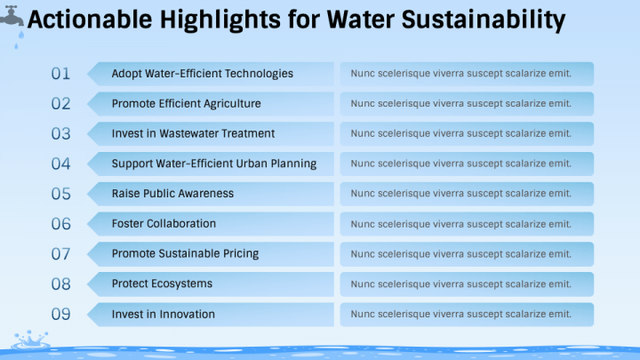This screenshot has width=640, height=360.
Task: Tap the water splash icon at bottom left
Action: (29, 340)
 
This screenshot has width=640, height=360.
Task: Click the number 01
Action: (60, 74)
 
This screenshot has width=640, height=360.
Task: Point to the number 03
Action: (60, 134)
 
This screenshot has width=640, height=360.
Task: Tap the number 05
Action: (60, 194)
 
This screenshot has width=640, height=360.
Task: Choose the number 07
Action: (60, 254)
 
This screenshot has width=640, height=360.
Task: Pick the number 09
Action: (60, 314)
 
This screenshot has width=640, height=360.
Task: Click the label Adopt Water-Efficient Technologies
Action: (202, 74)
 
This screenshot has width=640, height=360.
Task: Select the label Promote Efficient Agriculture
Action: (186, 104)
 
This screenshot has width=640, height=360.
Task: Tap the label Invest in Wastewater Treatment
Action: (193, 134)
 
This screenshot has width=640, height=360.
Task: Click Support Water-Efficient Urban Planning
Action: (213, 164)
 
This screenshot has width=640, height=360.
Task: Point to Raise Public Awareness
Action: (172, 194)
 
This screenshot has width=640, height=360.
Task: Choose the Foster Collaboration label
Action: (164, 224)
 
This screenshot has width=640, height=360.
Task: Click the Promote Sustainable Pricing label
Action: (185, 254)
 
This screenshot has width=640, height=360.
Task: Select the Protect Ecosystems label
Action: (162, 284)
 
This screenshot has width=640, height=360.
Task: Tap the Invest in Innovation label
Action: (163, 314)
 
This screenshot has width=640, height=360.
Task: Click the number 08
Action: (60, 284)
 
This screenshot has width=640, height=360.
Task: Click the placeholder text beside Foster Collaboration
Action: (460, 224)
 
